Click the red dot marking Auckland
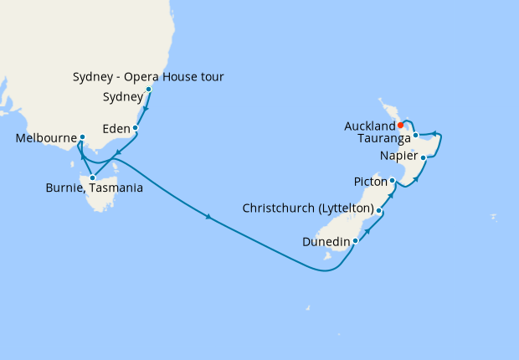401,126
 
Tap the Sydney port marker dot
149,89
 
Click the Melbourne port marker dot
82,137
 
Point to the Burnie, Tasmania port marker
92,177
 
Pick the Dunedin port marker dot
356,241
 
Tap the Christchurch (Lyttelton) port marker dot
380,211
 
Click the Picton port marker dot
393,180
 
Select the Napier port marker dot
424,157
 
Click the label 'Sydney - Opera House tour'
148,78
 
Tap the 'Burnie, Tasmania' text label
93,188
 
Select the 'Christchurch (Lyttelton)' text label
307,208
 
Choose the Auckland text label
369,126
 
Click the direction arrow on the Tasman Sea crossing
208,219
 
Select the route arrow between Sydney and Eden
146,109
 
